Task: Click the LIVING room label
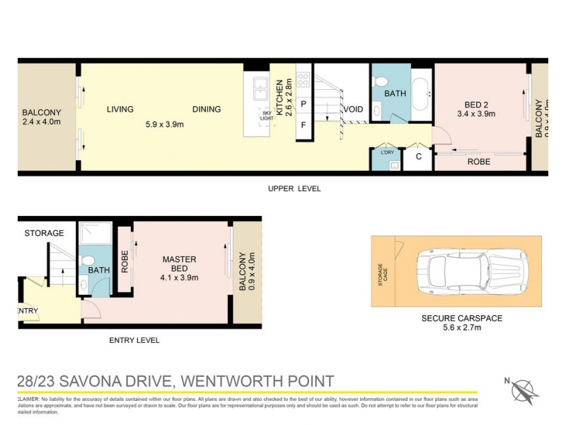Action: (x=120, y=109)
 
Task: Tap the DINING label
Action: (x=206, y=109)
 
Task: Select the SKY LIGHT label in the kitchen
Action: (x=267, y=115)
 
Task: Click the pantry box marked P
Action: (x=303, y=104)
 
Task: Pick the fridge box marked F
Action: (x=303, y=125)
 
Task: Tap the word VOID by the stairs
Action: (x=353, y=109)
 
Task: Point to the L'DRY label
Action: (x=387, y=153)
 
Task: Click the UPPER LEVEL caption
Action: (x=294, y=188)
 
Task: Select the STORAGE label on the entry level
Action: (x=45, y=233)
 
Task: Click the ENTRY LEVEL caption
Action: (x=134, y=340)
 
